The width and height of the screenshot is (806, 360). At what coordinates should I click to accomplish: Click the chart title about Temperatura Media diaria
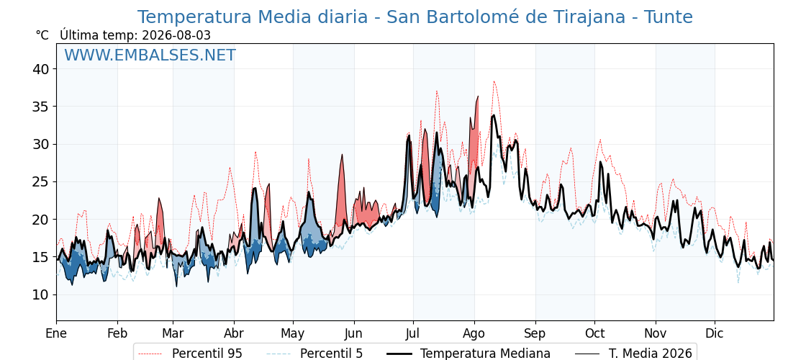tap(415, 17)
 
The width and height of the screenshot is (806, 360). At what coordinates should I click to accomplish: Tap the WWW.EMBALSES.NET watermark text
tap(150, 55)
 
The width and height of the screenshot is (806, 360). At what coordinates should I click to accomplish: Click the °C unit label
tap(42, 35)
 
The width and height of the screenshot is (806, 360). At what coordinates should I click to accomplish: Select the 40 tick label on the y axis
tap(42, 69)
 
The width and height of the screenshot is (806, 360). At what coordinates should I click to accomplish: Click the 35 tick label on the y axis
tap(42, 107)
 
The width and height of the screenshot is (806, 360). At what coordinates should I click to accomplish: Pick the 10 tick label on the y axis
tap(42, 294)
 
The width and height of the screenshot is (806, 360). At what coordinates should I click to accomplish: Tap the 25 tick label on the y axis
tap(42, 181)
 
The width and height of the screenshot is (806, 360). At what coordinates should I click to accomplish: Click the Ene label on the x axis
tap(56, 334)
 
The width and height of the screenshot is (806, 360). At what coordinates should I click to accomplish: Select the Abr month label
tap(234, 334)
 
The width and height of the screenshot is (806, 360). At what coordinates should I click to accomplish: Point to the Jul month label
tap(413, 334)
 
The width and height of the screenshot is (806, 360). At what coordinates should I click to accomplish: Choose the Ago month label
tap(474, 334)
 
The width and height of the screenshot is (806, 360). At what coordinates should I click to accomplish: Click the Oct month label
tap(594, 334)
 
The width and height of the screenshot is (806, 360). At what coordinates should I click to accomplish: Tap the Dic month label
tap(715, 334)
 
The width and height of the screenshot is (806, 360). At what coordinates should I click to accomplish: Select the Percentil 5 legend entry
tap(314, 354)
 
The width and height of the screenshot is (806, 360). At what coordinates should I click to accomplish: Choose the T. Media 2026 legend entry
tap(634, 354)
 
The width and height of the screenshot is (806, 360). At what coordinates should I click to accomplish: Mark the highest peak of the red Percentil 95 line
tap(494, 81)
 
